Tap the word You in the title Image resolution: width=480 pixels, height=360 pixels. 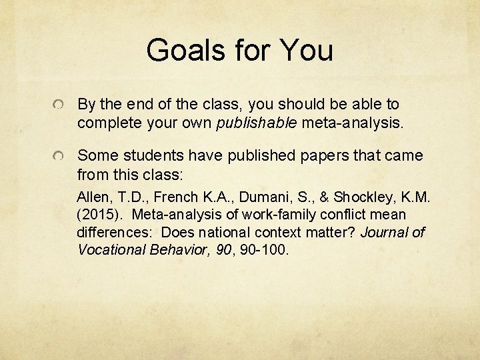(307, 50)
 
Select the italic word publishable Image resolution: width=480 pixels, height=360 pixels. (258, 123)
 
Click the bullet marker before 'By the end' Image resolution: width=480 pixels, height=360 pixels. (60, 107)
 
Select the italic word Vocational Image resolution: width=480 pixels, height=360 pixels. (111, 250)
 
